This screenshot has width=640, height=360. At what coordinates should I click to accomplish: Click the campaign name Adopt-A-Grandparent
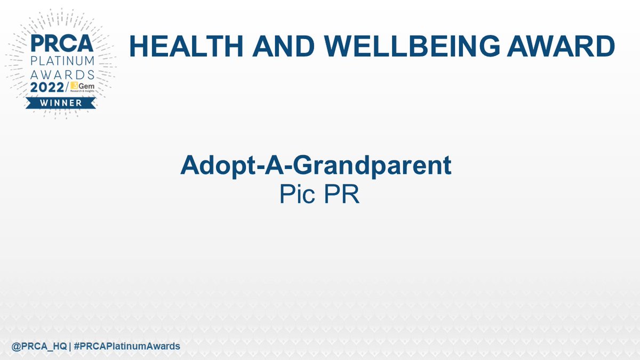[316, 166]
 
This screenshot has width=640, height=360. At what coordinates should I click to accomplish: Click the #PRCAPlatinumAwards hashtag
[127, 346]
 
